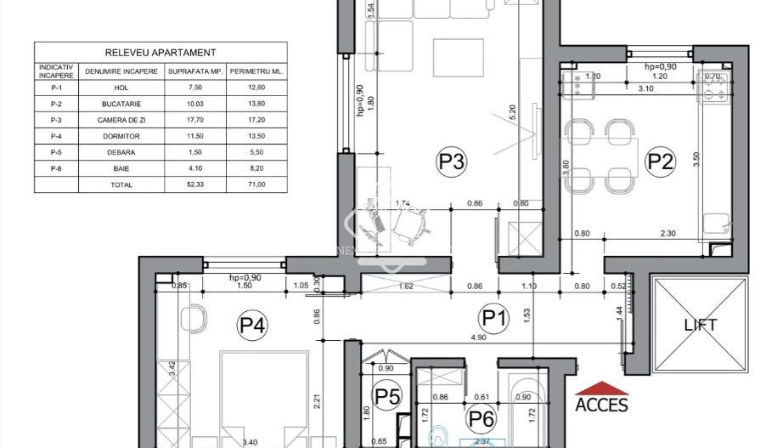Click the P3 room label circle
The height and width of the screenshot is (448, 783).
[x=452, y=161]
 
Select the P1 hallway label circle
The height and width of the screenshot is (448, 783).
[x=494, y=319]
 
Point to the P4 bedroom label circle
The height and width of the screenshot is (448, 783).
[x=252, y=325]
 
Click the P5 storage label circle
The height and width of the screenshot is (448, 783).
[x=387, y=396]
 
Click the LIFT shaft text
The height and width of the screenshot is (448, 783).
[x=701, y=325]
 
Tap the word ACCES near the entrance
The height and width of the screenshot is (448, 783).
[x=601, y=405]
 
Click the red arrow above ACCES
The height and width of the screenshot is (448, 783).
[x=601, y=388]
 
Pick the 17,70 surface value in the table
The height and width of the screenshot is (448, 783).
[x=194, y=118]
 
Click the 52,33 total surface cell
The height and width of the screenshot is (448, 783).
[x=194, y=184]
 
